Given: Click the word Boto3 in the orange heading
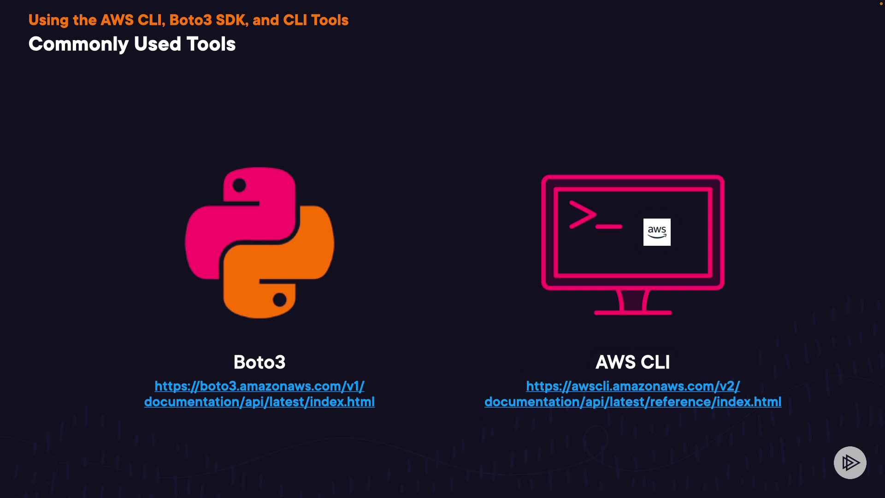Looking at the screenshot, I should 190,20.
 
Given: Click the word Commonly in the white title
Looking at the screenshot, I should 78,44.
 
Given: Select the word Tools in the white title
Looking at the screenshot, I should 211,44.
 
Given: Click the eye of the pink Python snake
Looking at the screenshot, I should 239,185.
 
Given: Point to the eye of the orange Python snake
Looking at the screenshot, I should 279,300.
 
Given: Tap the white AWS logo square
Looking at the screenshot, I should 657,232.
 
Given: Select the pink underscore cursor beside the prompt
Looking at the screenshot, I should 609,226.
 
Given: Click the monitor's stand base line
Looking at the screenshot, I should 633,313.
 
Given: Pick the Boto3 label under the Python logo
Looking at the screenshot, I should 260,362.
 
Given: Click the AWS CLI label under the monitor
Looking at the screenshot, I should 632,362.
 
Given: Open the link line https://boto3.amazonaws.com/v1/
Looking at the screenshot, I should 260,386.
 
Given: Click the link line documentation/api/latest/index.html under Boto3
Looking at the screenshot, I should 260,402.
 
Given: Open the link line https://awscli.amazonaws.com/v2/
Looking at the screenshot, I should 633,386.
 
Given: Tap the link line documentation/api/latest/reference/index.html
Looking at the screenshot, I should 633,402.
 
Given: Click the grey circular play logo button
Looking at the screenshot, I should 850,462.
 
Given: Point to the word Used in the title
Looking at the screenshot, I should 157,44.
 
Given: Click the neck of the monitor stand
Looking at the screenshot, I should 633,300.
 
